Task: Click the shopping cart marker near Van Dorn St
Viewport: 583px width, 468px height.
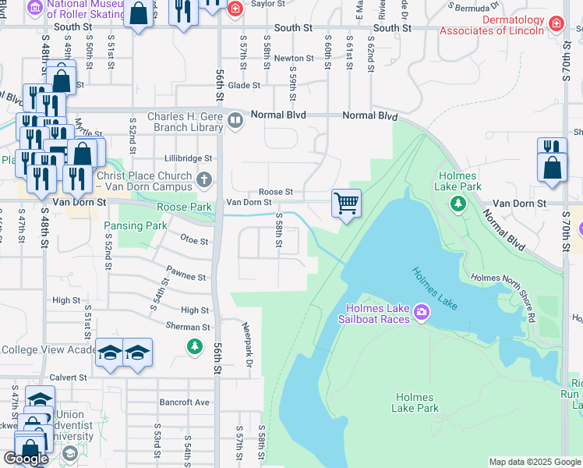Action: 346,204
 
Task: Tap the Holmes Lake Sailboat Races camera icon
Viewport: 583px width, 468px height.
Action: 422,312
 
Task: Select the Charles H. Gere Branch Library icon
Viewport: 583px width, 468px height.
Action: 235,121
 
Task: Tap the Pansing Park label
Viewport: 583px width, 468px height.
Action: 136,225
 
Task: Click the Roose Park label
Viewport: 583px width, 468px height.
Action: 185,207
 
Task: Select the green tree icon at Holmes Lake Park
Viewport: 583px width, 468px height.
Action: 458,204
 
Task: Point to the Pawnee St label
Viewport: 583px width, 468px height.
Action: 185,277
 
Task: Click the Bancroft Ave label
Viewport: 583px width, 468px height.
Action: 187,402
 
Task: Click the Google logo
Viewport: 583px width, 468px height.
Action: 26,459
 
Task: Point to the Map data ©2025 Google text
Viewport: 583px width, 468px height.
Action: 534,462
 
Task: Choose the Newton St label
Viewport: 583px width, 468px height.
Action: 288,58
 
